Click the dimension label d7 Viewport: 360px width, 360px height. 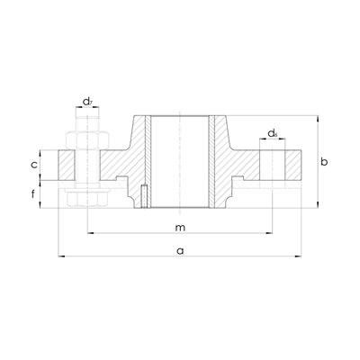(87, 102)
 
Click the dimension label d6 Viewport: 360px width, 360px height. (273, 133)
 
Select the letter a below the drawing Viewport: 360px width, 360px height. (180, 251)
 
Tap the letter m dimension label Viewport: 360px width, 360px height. (180, 228)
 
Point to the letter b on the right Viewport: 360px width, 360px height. (324, 162)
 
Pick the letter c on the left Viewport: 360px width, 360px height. (34, 165)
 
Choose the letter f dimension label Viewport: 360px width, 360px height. (33, 194)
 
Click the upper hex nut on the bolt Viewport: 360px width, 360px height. (87, 139)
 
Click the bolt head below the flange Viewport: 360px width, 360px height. (87, 199)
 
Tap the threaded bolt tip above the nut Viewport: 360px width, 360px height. (87, 123)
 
